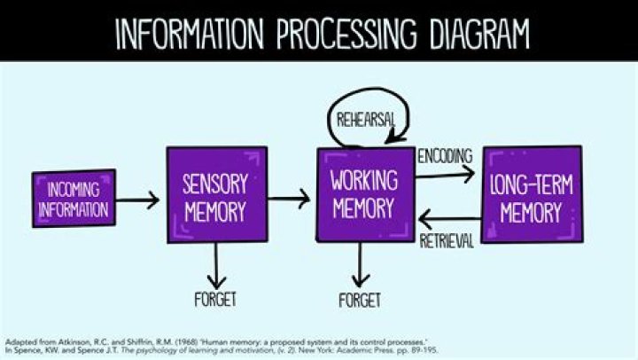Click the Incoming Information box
(74, 199)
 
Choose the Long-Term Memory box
(532, 196)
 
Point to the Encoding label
(445, 156)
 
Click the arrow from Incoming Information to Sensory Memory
(138, 200)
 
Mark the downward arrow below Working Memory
(360, 263)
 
